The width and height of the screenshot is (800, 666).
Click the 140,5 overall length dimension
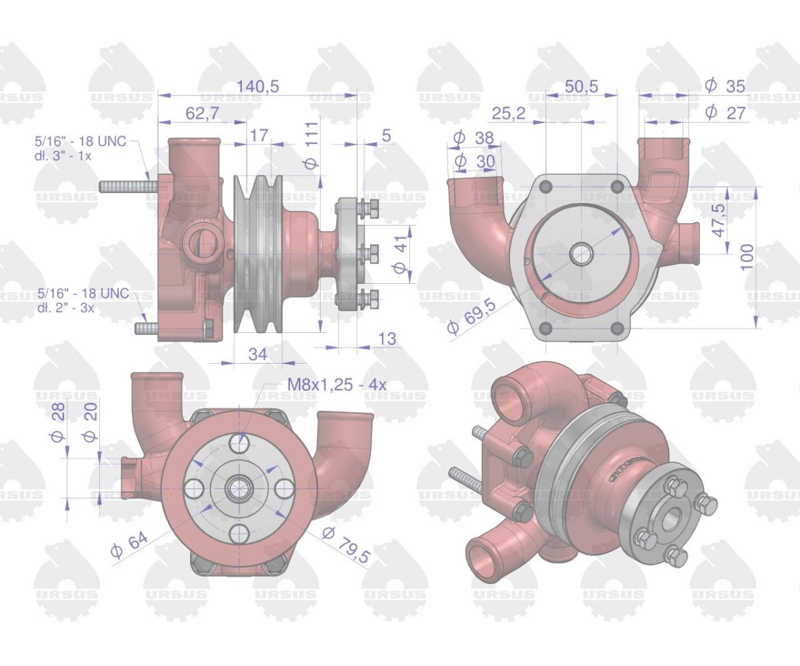pos(257,87)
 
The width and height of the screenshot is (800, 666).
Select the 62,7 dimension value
pos(202,113)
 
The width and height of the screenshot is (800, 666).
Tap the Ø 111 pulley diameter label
pos(311,145)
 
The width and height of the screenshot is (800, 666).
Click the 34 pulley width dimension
pos(258,354)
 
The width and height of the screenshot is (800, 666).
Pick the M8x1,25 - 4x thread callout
pos(337,384)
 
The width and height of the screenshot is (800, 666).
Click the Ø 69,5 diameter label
pos(472,317)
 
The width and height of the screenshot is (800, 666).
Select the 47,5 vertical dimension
pos(719,220)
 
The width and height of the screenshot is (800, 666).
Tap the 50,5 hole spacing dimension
pos(581,87)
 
